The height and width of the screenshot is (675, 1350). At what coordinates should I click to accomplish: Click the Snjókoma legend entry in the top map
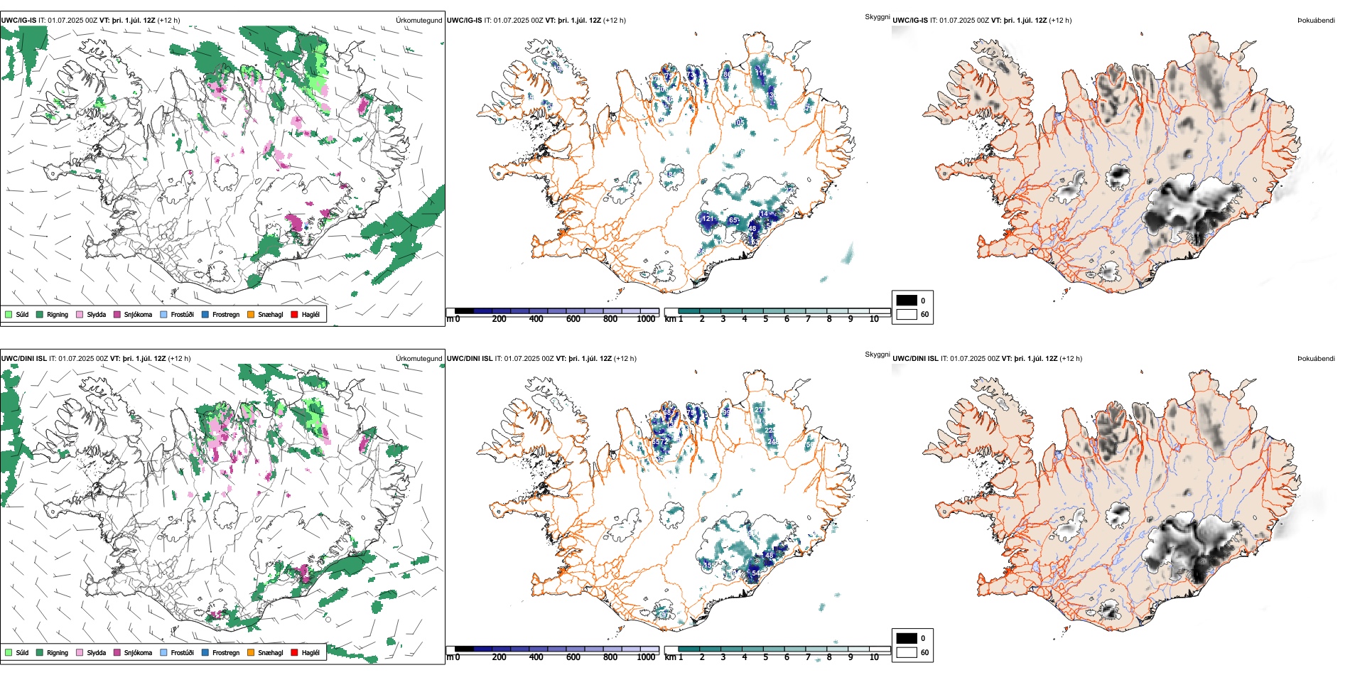coord(138,315)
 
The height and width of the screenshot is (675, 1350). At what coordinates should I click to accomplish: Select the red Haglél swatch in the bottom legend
coord(294,652)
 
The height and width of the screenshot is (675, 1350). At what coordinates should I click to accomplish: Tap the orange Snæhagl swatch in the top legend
coord(251,314)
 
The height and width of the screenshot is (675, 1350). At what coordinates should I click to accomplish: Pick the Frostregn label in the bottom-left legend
coord(225,653)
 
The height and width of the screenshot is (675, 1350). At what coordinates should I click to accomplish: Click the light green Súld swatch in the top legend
coord(9,314)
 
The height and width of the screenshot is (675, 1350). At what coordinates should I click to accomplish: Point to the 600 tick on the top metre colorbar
coord(573,319)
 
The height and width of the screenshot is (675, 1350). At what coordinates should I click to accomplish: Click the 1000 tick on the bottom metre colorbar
coord(646,657)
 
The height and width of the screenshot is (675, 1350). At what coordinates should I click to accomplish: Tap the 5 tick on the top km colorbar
coord(765,319)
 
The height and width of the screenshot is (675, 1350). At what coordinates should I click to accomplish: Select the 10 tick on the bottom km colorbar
coord(874,657)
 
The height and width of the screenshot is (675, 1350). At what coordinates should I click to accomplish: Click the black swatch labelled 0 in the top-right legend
coord(907,300)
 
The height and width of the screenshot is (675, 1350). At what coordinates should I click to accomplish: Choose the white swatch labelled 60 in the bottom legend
coord(907,652)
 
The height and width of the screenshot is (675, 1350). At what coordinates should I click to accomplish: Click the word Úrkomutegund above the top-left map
coord(418,21)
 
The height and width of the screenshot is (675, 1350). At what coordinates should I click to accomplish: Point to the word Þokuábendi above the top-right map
coord(1316,21)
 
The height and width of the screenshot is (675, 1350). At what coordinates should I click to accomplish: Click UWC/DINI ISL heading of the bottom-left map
coord(23,359)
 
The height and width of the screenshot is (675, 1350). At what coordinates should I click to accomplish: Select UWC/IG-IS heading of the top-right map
coord(910,21)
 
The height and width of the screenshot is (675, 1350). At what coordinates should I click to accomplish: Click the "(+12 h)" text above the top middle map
coord(614,21)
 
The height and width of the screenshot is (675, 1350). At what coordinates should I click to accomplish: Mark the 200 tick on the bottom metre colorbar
coord(499,657)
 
